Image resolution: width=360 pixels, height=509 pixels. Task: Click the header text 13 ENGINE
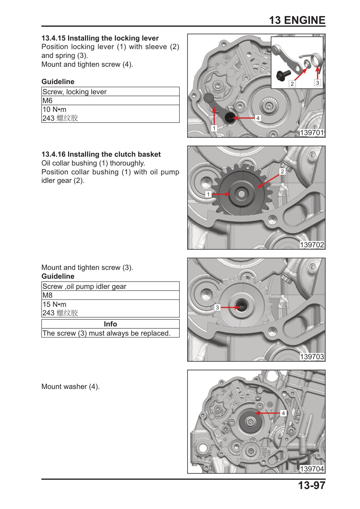coord(297,20)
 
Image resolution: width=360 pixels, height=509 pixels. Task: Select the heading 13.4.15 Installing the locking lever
coord(100,38)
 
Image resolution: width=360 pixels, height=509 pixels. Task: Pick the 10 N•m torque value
coord(55,109)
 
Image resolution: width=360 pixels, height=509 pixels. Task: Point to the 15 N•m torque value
coord(55,304)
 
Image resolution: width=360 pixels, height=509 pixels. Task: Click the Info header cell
coord(111,324)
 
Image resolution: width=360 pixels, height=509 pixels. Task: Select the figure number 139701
coord(312,132)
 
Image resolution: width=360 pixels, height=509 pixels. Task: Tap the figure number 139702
coord(312,245)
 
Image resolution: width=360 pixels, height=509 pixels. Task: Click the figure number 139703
coord(312,357)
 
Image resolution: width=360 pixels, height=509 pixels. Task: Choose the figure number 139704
coord(312,469)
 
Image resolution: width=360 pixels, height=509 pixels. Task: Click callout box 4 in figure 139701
coord(258,118)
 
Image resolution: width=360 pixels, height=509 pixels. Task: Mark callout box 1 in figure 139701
coord(214,128)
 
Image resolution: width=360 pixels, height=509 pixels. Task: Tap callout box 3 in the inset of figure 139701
coord(317,83)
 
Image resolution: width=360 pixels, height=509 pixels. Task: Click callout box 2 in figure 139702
coord(282,171)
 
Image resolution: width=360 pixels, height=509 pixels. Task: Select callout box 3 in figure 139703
coord(217,307)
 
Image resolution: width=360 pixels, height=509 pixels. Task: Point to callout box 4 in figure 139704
coord(283,413)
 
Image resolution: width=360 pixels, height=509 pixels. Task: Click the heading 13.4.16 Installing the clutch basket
coord(101,154)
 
